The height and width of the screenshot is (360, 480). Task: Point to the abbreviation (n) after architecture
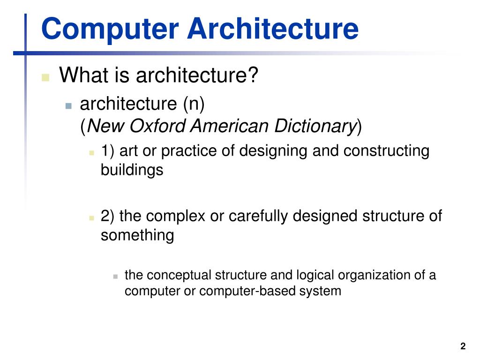point(194,104)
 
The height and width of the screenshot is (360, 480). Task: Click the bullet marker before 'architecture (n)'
point(69,106)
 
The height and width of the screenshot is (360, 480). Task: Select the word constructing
point(386,151)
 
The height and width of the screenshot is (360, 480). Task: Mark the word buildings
point(132,170)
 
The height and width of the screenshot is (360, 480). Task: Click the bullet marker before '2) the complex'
point(92,218)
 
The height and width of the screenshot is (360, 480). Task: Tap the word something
point(137,235)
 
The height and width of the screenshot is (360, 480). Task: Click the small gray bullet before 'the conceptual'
point(115,276)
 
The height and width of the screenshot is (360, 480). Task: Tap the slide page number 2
point(463,346)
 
